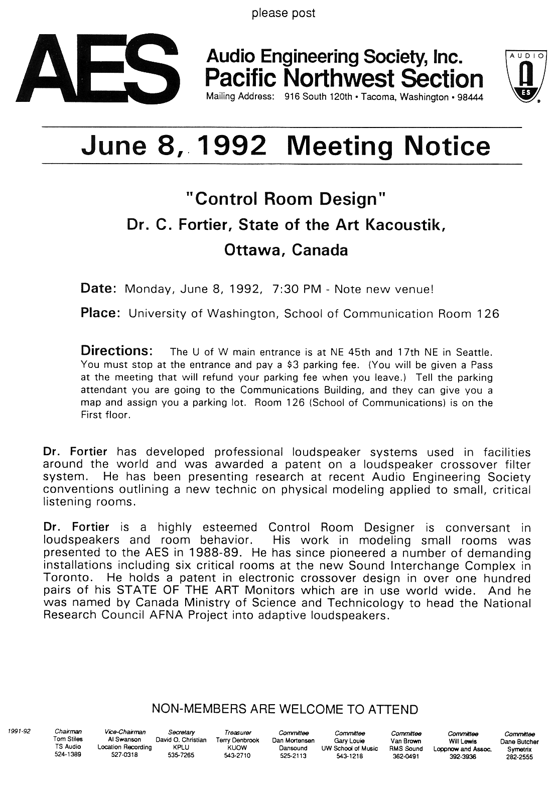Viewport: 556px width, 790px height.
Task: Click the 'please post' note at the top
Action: [x=284, y=13]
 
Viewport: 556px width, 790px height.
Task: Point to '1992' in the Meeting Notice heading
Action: [x=232, y=146]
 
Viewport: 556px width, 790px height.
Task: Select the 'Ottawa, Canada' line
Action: [x=286, y=249]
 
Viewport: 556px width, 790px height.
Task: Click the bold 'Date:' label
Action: [x=99, y=289]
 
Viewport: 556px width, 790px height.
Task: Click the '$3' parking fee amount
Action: [x=287, y=365]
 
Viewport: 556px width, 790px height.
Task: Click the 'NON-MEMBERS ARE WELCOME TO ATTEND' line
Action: [x=285, y=709]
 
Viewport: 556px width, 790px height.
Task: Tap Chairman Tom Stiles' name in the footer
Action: [x=68, y=739]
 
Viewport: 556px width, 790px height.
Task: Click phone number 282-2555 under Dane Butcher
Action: [x=519, y=758]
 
